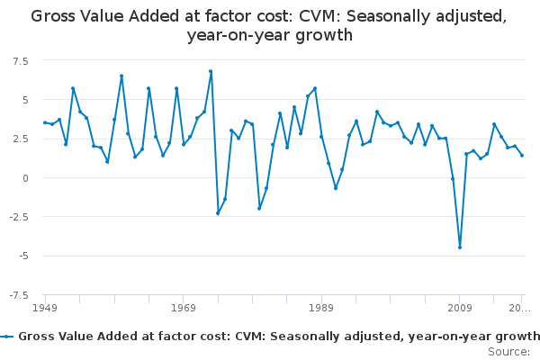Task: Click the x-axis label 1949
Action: tap(45, 308)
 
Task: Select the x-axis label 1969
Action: tap(183, 308)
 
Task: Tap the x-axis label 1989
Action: tap(321, 308)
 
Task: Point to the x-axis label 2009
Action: tap(459, 308)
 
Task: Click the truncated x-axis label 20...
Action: tap(520, 308)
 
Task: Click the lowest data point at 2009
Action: tap(460, 247)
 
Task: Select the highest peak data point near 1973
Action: tap(211, 71)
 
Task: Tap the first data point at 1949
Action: tap(45, 122)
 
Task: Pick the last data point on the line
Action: tap(522, 156)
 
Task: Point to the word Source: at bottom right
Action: tap(508, 351)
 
